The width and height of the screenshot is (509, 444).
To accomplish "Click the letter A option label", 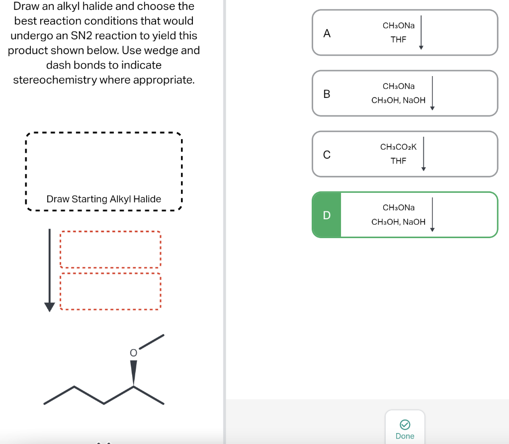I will click(x=327, y=33).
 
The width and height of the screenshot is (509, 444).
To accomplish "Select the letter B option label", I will click(x=327, y=93).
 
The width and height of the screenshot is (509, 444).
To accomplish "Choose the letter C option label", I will click(x=327, y=155).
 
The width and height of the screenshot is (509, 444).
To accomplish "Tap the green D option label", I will click(x=327, y=215).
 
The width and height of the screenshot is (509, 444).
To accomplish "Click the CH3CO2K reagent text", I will click(x=398, y=147).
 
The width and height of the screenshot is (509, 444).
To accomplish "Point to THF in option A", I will click(x=398, y=40).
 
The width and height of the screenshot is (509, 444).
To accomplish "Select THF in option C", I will click(x=398, y=161).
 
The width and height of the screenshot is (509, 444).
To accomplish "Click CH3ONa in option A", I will click(x=398, y=25).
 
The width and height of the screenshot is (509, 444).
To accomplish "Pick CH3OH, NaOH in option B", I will click(x=398, y=100).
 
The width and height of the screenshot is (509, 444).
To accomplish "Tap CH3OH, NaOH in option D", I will click(x=398, y=222).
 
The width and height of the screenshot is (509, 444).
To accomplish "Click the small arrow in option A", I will click(x=421, y=33).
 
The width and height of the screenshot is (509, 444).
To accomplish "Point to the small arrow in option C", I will click(x=424, y=155).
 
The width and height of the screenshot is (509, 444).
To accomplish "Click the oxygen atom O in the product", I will click(x=133, y=352).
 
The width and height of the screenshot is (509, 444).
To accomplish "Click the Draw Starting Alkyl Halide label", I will click(x=103, y=199).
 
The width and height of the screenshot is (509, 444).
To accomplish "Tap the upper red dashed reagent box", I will click(x=110, y=250).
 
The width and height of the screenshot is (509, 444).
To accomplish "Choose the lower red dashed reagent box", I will click(x=110, y=291).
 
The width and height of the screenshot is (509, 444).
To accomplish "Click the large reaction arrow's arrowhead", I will click(x=49, y=306).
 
